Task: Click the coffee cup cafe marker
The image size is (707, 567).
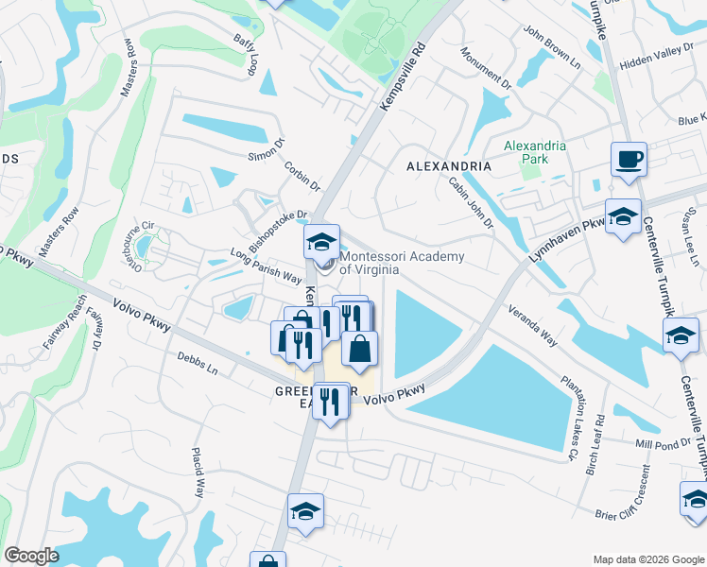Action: point(629,160)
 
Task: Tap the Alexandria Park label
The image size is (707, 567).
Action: point(535,152)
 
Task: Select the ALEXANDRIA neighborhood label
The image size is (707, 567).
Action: point(449,166)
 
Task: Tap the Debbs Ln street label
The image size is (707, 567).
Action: point(198,363)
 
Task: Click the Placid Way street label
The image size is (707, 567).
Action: point(199,472)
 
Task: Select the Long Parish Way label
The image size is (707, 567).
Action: point(267,266)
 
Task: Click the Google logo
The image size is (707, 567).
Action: point(31,556)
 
